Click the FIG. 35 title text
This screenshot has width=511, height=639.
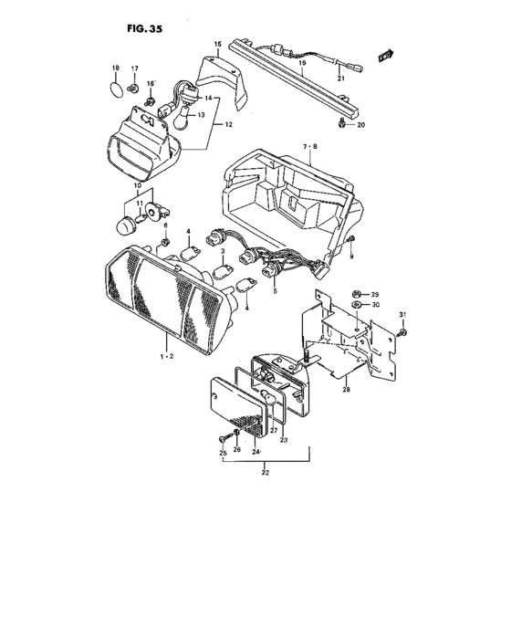pos(145,29)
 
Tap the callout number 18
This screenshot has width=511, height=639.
pos(116,68)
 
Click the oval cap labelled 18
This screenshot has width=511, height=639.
pos(117,89)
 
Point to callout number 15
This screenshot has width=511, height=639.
pos(217,44)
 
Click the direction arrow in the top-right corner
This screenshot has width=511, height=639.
pos(386,56)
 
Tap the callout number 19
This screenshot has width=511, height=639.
pos(302,63)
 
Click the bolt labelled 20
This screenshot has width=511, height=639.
pos(342,122)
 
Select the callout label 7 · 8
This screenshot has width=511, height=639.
pos(309,147)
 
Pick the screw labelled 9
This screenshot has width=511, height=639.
pos(351,239)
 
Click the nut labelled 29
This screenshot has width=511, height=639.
pos(355,294)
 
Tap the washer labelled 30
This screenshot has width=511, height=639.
pos(356,305)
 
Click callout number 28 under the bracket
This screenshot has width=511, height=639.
pos(347,390)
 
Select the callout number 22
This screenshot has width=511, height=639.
pos(266,473)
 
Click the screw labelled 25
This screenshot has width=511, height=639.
pos(224,438)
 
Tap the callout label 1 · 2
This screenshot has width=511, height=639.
pos(167,357)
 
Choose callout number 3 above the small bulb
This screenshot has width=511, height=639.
pos(223,251)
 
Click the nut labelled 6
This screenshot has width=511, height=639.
pos(165,242)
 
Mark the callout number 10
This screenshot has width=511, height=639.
pos(138,186)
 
